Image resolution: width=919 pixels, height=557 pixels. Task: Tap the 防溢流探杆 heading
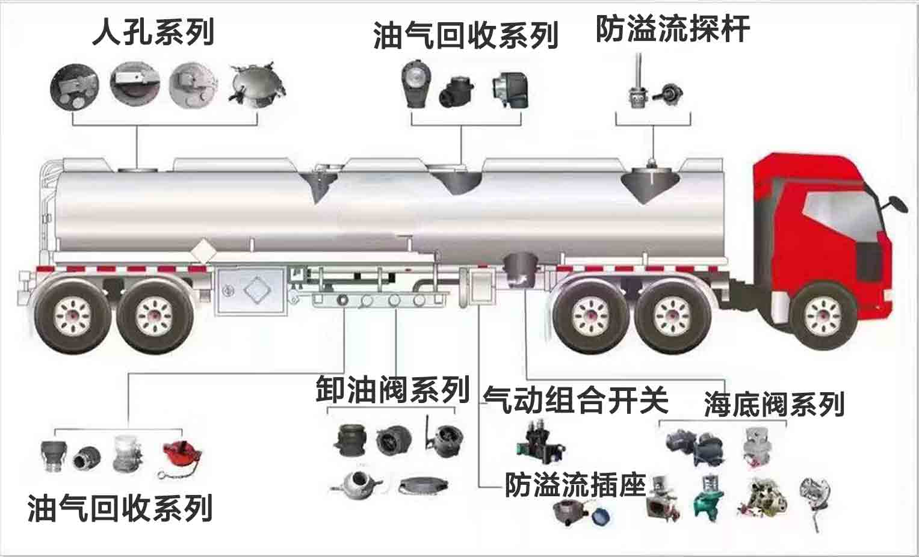click(672, 29)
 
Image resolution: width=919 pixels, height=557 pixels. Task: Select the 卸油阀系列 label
click(392, 389)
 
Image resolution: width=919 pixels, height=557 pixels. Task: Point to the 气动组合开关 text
click(576, 399)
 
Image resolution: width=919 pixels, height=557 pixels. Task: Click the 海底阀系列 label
click(774, 404)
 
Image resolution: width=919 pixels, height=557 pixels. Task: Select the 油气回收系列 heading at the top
click(465, 35)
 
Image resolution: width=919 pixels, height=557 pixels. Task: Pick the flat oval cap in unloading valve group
click(423, 485)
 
